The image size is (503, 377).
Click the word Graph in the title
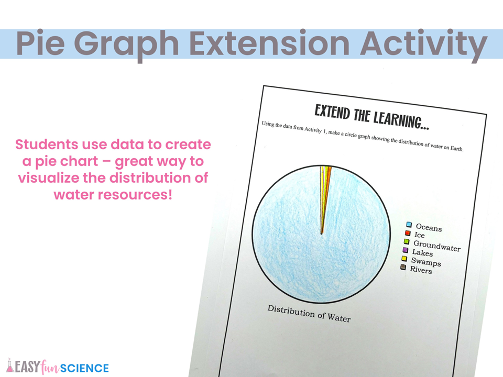[126, 45]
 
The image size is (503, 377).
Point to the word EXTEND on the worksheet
[332, 112]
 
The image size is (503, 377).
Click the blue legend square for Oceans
[409, 225]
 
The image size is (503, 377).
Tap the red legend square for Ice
[408, 233]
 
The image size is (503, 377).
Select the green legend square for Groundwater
[407, 241]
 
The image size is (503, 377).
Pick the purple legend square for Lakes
[406, 250]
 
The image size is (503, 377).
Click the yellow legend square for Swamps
[404, 258]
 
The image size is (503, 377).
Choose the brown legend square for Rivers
[403, 267]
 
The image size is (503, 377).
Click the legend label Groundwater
[437, 246]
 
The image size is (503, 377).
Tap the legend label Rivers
[421, 270]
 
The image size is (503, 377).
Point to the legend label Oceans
[429, 228]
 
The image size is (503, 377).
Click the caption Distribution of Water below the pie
[309, 313]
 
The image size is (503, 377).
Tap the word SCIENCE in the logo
[84, 368]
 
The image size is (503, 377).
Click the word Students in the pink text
[46, 145]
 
